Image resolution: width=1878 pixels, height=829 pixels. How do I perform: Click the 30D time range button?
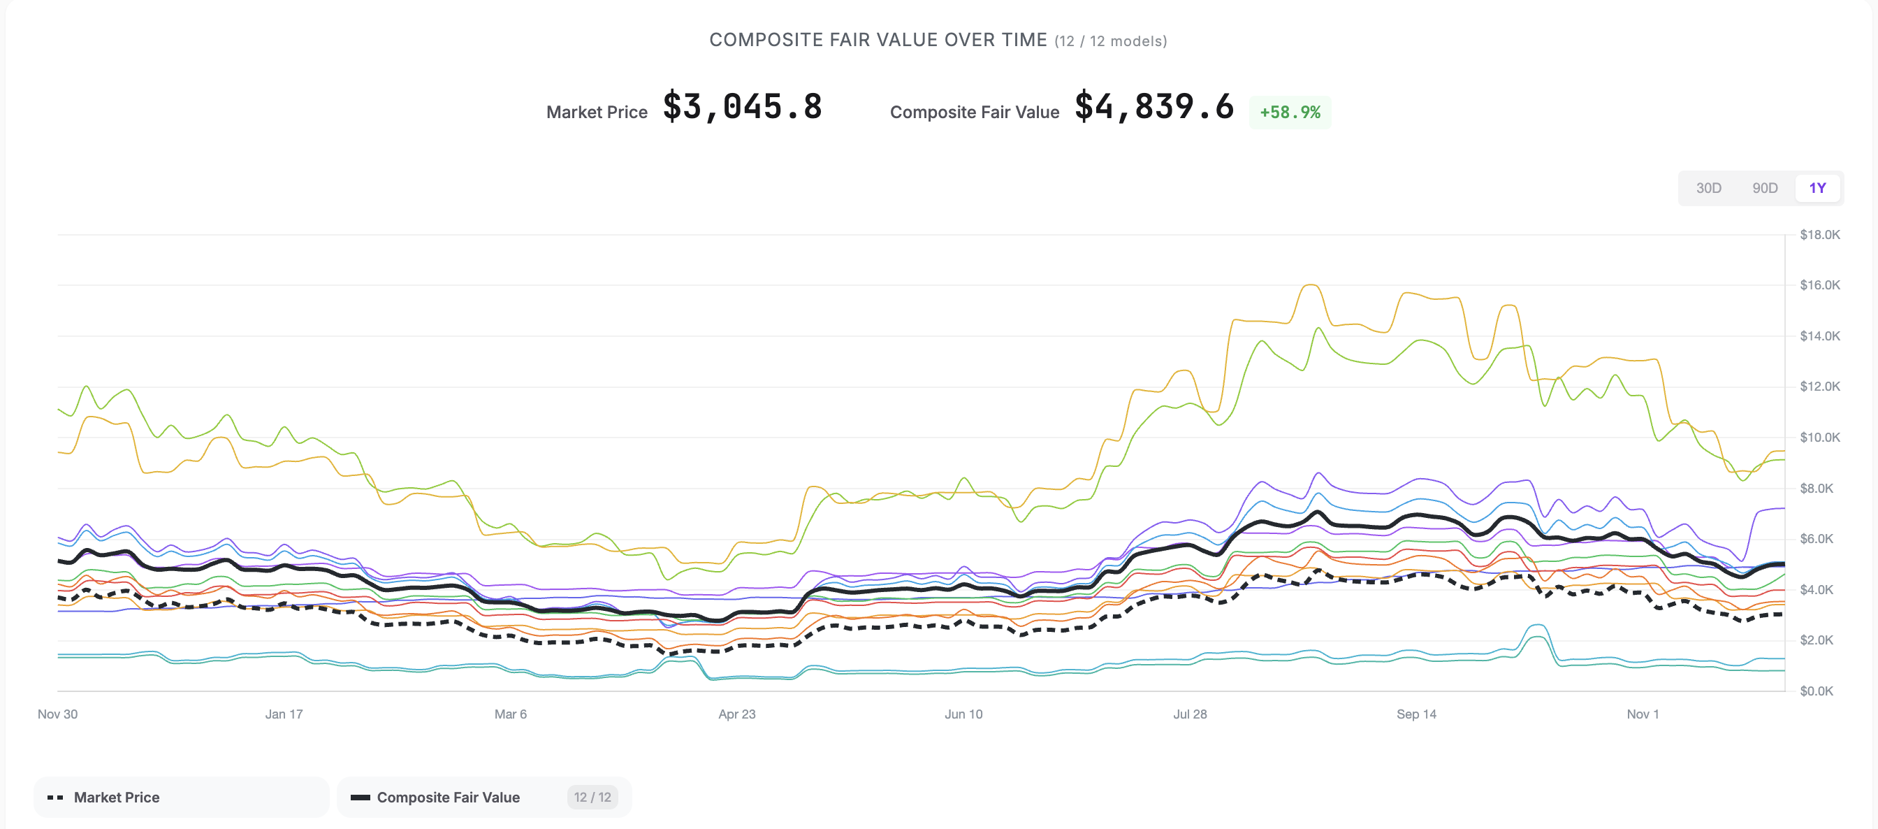click(1708, 188)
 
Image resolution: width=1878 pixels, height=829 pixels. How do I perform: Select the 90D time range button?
click(1764, 188)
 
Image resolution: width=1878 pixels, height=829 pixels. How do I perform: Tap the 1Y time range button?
click(1817, 188)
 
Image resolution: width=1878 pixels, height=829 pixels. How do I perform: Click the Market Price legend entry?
click(117, 797)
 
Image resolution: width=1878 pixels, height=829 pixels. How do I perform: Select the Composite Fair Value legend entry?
click(448, 797)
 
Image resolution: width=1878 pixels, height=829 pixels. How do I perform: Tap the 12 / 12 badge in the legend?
click(592, 797)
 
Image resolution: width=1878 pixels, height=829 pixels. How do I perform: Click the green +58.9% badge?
click(1290, 113)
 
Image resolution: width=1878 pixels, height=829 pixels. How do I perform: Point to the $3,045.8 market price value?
click(742, 107)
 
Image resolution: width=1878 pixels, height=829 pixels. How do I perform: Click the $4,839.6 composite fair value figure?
click(1154, 107)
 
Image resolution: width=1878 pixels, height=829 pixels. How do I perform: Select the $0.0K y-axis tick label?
click(1816, 691)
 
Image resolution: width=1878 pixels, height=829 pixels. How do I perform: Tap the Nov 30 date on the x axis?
click(57, 714)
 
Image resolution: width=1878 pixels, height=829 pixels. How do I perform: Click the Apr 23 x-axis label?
click(736, 714)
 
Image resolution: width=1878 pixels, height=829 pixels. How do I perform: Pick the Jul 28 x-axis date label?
click(1190, 714)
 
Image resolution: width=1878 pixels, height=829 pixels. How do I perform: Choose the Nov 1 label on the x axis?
click(1642, 714)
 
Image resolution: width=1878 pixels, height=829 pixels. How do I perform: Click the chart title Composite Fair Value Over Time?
click(878, 40)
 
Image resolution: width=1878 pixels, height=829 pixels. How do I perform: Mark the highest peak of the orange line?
click(1310, 285)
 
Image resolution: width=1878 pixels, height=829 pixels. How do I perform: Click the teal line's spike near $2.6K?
click(1537, 626)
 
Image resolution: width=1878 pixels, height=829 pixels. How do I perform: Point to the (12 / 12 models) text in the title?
click(1110, 41)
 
